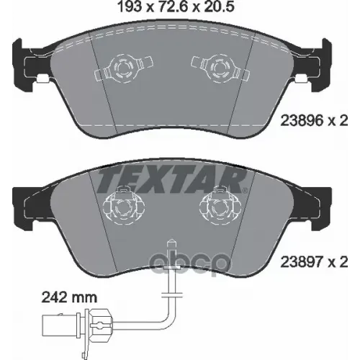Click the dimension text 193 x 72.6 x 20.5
(176, 6)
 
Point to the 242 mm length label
(70, 297)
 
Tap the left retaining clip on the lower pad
(124, 206)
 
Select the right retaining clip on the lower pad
(220, 206)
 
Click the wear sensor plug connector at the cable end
(77, 323)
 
